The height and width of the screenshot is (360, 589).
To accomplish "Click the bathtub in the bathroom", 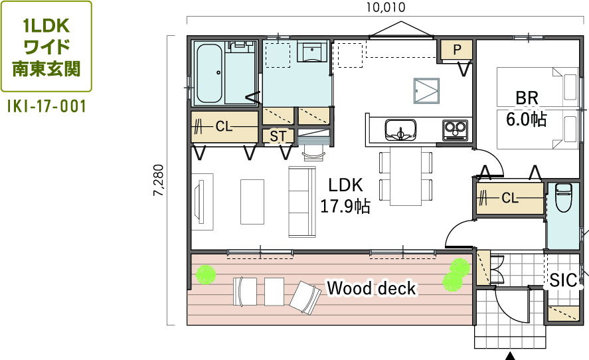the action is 209,74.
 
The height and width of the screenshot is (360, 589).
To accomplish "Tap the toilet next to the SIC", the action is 563,197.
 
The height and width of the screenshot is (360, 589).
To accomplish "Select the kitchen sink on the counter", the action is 400,130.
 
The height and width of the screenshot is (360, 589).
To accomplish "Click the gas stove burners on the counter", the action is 455,130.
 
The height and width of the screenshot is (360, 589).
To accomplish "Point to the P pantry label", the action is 457,50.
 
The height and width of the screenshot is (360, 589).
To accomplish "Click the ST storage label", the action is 278,136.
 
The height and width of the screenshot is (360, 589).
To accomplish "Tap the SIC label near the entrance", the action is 563,280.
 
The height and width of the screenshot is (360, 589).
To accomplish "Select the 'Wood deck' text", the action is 371,288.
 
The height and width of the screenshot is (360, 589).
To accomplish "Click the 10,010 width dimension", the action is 386,7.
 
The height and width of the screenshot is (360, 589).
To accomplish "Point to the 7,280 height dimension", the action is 159,180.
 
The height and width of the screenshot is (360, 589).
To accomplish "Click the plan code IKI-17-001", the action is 46,106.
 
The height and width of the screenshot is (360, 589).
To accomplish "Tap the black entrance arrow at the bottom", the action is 510,356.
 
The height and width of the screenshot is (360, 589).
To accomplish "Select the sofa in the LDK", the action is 302,202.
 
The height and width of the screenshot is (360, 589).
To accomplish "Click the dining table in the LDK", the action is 406,176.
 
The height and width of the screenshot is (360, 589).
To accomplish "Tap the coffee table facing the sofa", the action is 252,202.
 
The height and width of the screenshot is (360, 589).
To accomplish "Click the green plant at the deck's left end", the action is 206,275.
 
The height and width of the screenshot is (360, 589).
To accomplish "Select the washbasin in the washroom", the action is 312,52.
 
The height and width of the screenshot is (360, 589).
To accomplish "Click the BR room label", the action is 527,98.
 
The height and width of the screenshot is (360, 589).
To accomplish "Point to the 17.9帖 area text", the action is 345,207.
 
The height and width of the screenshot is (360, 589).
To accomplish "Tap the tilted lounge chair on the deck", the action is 305,298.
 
